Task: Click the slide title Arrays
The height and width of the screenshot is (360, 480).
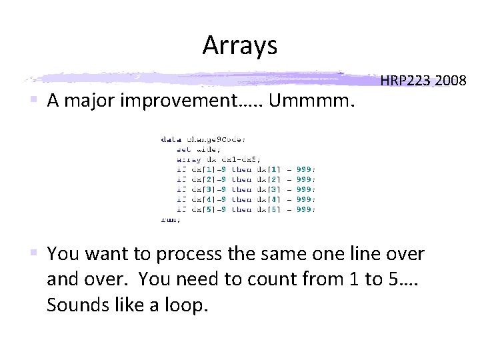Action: pos(239,45)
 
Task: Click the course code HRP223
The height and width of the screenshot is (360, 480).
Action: pos(406,81)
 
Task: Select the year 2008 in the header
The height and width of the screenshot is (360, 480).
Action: pos(450,81)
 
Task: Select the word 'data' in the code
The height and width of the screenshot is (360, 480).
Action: pos(170,139)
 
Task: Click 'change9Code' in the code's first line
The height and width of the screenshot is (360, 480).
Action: pos(216,139)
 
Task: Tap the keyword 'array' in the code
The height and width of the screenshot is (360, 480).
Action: pos(189,159)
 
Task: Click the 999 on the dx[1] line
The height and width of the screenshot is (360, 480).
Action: pos(304,169)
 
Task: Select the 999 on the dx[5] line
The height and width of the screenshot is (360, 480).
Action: pos(304,209)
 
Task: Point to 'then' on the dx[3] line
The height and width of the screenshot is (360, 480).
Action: pos(241,189)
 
